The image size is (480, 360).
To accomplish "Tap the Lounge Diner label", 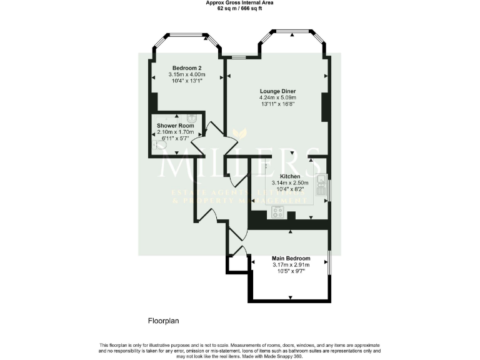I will [x=277, y=91].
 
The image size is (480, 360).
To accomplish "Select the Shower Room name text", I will [x=175, y=126].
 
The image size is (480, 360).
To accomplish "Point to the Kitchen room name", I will [x=290, y=176].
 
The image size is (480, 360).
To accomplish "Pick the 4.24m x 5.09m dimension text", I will [x=277, y=97].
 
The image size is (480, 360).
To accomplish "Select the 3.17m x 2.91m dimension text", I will [x=291, y=265].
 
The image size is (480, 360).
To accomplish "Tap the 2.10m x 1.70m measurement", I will [x=175, y=132].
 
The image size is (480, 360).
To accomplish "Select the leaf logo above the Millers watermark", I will [x=239, y=134].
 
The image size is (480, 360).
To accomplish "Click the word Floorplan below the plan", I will [x=164, y=321].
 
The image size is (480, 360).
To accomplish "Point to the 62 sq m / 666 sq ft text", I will [x=240, y=9].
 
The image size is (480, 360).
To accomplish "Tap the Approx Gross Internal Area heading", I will [x=240, y=3].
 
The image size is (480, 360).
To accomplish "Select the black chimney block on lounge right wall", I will [x=324, y=107].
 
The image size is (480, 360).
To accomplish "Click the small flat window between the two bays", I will [x=238, y=57].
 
